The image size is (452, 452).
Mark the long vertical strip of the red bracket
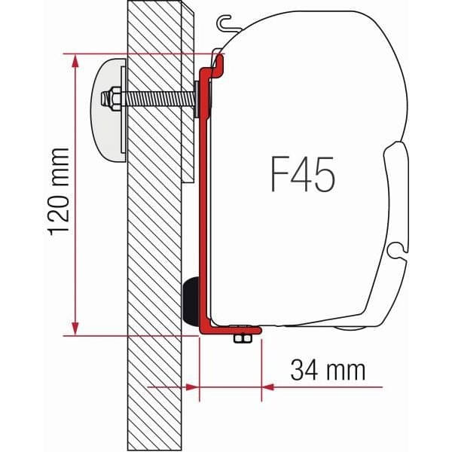pyautogui.click(x=203, y=203)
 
